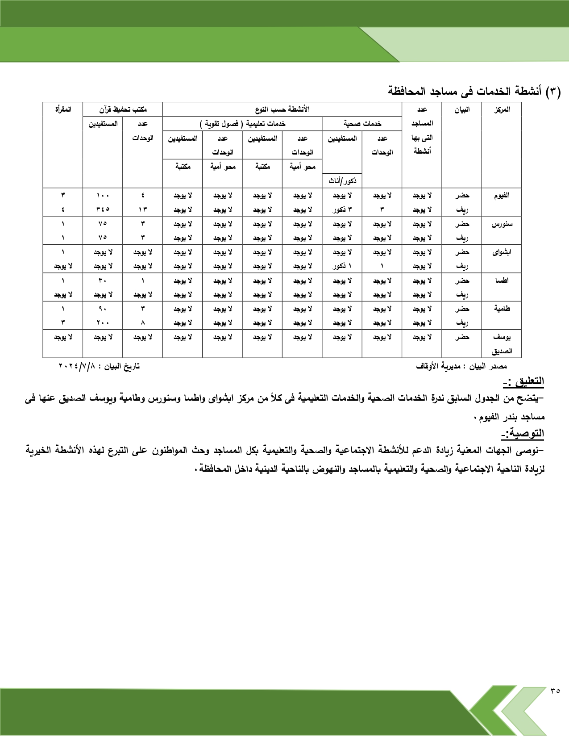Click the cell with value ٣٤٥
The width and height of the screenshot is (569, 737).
pyautogui.click(x=103, y=209)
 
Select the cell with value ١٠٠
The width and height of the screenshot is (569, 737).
pyautogui.click(x=103, y=196)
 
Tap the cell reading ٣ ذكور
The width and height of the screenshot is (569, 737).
pyautogui.click(x=342, y=209)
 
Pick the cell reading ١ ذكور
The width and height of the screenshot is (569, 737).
pyautogui.click(x=342, y=266)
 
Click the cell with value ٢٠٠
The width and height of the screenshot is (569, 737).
pyautogui.click(x=103, y=322)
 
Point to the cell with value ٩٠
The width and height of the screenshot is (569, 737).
pyautogui.click(x=103, y=309)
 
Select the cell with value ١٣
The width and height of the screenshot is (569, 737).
pyautogui.click(x=143, y=209)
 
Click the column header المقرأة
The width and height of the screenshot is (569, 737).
pyautogui.click(x=63, y=109)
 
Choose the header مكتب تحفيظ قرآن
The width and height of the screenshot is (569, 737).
pyautogui.click(x=123, y=109)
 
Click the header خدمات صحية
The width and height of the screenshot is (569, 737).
pyautogui.click(x=362, y=124)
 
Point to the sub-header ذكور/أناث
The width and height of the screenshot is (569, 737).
pyautogui.click(x=342, y=181)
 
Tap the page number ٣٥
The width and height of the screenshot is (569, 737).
pyautogui.click(x=555, y=703)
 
